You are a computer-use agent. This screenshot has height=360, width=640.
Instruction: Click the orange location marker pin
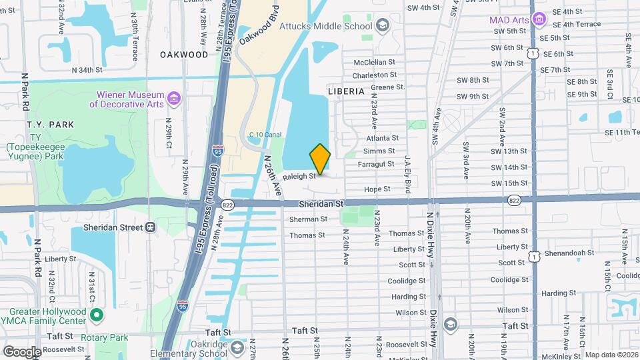(x=320, y=159)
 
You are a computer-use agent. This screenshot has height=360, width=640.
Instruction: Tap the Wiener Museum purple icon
(x=175, y=99)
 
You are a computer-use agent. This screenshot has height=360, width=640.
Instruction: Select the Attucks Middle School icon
(x=382, y=26)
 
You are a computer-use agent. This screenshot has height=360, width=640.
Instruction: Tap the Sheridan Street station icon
(x=151, y=227)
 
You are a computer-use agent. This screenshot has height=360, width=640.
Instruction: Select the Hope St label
(x=377, y=189)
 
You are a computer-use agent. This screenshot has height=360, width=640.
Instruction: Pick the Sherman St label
(x=308, y=219)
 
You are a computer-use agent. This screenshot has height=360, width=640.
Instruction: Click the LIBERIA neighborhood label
(x=346, y=91)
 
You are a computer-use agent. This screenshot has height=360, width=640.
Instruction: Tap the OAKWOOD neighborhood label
(x=184, y=55)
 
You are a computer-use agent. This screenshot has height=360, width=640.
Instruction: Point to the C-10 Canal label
(x=265, y=135)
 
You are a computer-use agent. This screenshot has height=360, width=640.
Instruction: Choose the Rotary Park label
(x=104, y=337)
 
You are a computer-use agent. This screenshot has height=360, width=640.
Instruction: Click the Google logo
(x=22, y=351)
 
